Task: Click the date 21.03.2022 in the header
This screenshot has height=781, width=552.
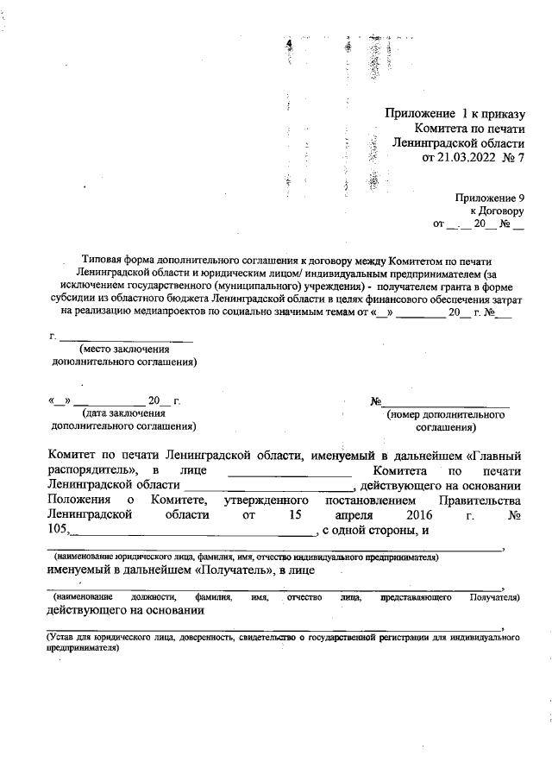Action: pyautogui.click(x=467, y=158)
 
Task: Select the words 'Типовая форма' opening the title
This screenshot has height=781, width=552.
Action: pyautogui.click(x=117, y=258)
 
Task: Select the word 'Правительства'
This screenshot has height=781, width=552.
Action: pyautogui.click(x=483, y=501)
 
